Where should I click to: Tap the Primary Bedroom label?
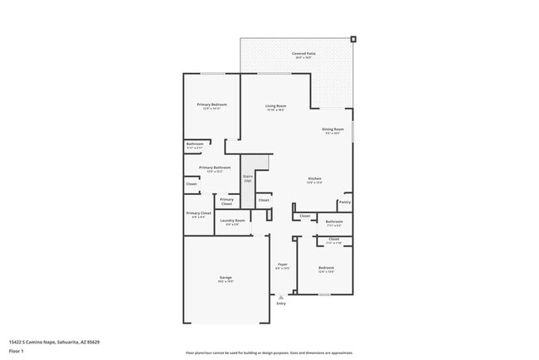pyautogui.click(x=212, y=106)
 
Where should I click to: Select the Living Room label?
pyautogui.click(x=275, y=107)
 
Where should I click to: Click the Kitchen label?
pyautogui.click(x=315, y=180)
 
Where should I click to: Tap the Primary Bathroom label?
pyautogui.click(x=215, y=168)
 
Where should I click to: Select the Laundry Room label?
pyautogui.click(x=232, y=221)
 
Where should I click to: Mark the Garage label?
pyautogui.click(x=226, y=278)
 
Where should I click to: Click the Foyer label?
pyautogui.click(x=282, y=266)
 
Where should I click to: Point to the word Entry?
pyautogui.click(x=281, y=304)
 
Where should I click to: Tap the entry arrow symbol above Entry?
pyautogui.click(x=281, y=296)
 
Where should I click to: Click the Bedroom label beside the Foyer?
pyautogui.click(x=326, y=268)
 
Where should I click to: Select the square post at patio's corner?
pyautogui.click(x=353, y=38)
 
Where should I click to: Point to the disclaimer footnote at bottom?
pyautogui.click(x=269, y=353)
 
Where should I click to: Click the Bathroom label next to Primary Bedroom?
pyautogui.click(x=195, y=144)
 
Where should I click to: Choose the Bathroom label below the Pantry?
pyautogui.click(x=334, y=221)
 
